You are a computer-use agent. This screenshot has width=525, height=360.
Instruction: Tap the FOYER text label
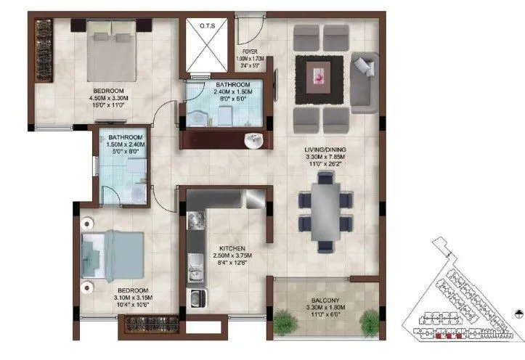click(251, 52)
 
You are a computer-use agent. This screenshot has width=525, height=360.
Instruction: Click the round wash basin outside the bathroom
click(254, 142)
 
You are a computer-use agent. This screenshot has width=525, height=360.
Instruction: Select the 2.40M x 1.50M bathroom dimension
click(213, 92)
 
